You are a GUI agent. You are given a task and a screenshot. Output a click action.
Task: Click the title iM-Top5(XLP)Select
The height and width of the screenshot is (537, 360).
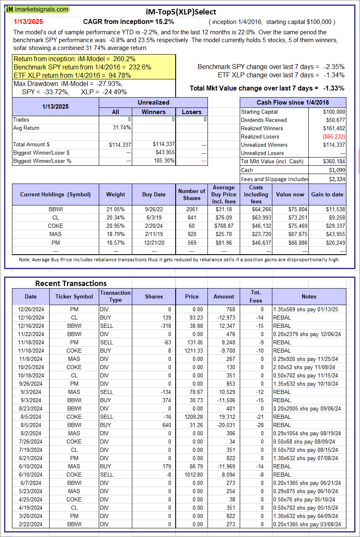click(x=181, y=12)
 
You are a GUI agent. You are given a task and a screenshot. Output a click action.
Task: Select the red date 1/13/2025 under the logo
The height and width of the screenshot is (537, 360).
click(x=28, y=21)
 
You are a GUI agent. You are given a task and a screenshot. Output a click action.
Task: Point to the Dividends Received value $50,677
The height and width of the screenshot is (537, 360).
click(x=334, y=120)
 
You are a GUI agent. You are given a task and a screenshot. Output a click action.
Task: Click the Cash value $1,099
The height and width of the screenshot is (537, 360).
click(x=337, y=170)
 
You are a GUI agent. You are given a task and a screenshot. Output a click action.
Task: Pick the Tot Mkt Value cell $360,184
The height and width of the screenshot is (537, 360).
click(x=334, y=161)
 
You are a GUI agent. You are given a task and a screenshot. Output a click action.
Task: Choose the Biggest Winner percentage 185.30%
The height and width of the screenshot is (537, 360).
click(x=164, y=161)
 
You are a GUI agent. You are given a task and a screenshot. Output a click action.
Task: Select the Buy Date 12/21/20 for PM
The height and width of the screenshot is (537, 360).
click(x=154, y=242)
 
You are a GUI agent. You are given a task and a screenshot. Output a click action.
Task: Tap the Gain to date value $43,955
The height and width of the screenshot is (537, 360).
click(x=334, y=234)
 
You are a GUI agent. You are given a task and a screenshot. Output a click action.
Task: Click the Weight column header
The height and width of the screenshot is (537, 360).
click(x=115, y=194)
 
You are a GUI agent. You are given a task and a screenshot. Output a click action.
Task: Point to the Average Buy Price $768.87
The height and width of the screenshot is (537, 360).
click(x=224, y=226)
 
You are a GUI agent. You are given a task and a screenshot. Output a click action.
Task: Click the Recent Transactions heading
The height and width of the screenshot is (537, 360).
click(x=71, y=283)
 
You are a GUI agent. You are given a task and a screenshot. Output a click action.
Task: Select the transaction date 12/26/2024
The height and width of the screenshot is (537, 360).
click(x=31, y=309)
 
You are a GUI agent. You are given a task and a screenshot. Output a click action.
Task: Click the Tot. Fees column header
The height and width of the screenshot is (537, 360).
click(x=256, y=296)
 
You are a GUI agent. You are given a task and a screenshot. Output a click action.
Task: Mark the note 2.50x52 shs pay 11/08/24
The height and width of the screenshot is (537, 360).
click(x=305, y=367)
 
